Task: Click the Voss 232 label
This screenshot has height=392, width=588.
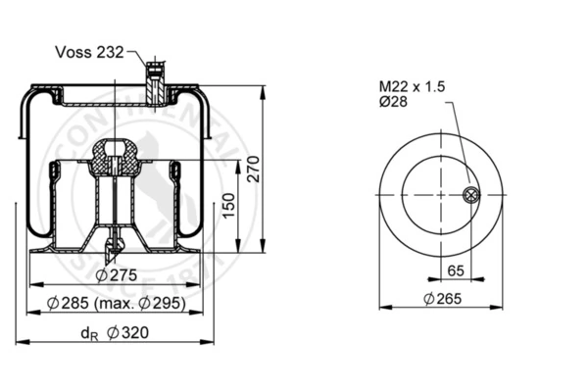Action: [x=89, y=52]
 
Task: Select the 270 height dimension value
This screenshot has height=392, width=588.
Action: [x=254, y=169]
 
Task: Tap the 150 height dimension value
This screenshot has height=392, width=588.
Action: [x=228, y=205]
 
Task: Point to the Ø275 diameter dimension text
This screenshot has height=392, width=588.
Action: [x=117, y=275]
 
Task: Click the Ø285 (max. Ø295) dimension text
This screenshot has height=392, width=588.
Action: [x=117, y=303]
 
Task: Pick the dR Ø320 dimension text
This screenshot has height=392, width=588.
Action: [x=115, y=333]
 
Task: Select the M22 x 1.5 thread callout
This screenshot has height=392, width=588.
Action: [x=412, y=86]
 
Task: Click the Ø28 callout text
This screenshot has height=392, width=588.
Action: [x=393, y=102]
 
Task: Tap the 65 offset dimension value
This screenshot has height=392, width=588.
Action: [x=456, y=270]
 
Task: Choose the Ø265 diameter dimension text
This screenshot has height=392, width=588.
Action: [x=443, y=299]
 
